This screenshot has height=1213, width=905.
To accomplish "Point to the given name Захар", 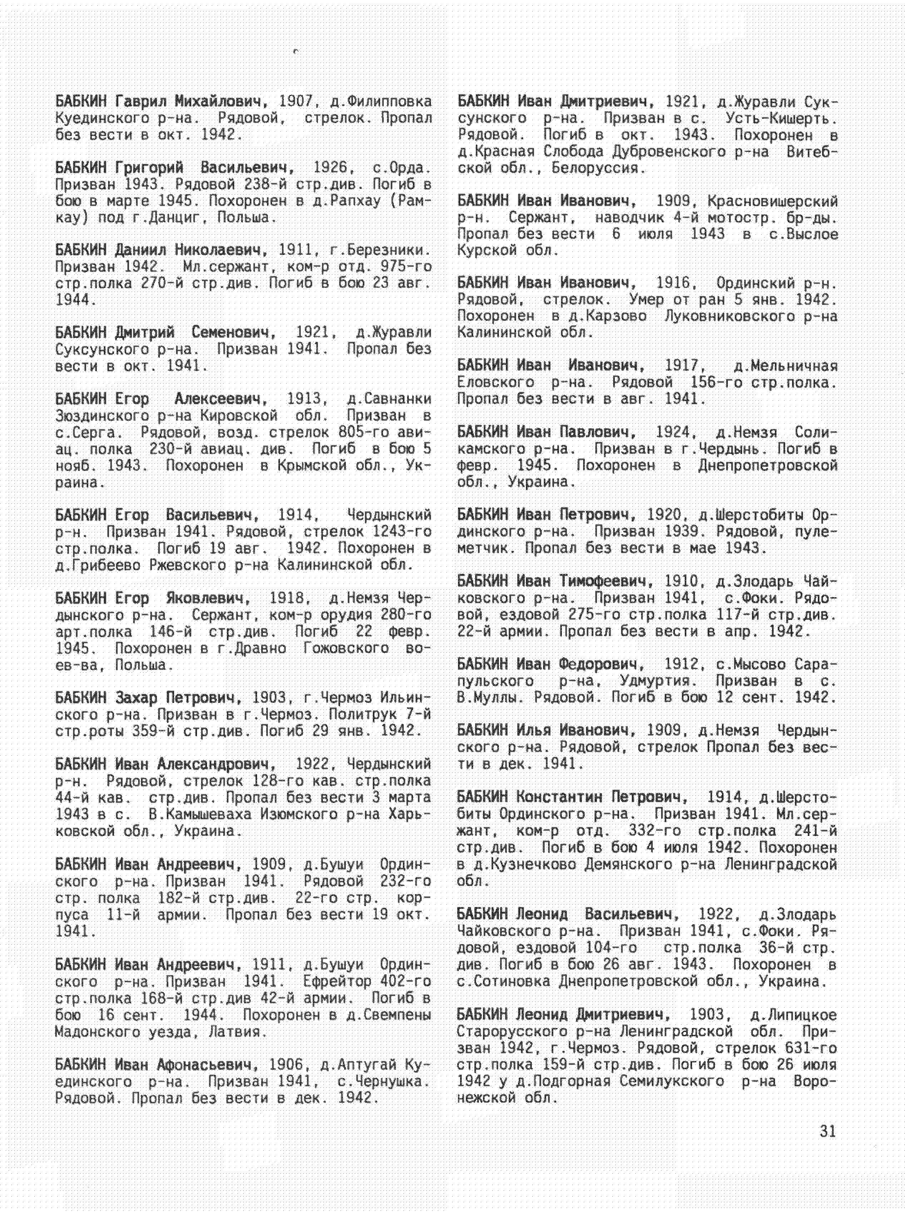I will (x=137, y=698).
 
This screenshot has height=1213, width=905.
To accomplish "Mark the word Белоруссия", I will (x=595, y=168).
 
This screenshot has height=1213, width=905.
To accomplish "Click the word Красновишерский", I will (x=772, y=201).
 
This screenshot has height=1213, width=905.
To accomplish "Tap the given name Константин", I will (x=559, y=797).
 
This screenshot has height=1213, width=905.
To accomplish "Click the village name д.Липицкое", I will (x=793, y=1015).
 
